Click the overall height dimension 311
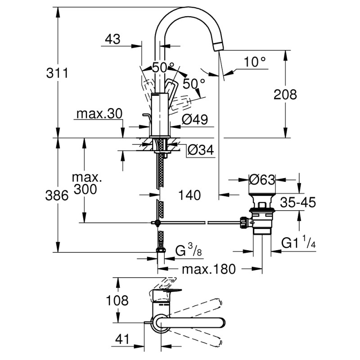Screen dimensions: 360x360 click(x=57, y=72)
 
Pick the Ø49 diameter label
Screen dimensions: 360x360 click(x=194, y=120)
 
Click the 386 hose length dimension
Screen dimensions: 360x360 click(x=57, y=195)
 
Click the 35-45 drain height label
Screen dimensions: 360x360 click(x=296, y=203)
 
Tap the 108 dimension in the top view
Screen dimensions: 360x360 click(x=117, y=300)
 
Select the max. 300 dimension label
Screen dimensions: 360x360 click(x=87, y=184)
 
